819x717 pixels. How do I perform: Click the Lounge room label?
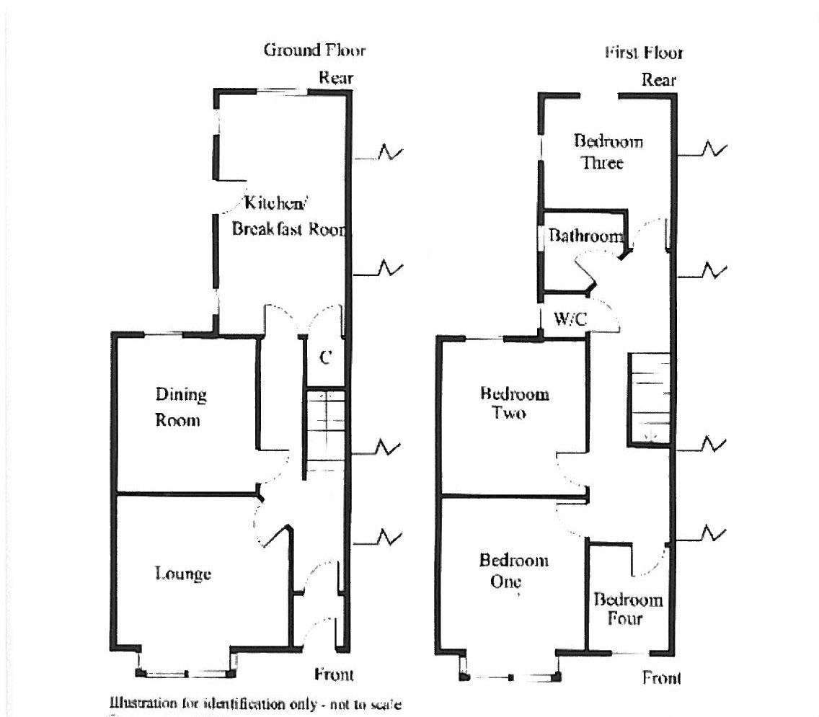click(x=183, y=574)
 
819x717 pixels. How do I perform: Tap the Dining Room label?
click(x=181, y=407)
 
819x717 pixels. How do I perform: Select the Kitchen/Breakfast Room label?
click(x=288, y=215)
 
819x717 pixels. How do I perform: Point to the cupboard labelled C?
click(x=325, y=357)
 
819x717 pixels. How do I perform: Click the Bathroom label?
click(x=585, y=236)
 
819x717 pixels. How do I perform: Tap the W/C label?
click(x=570, y=318)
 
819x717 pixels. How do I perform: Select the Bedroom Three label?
click(x=608, y=151)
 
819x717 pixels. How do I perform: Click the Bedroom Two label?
click(x=514, y=403)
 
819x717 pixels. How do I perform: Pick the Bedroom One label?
click(x=513, y=570)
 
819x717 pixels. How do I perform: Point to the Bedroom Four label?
click(x=628, y=609)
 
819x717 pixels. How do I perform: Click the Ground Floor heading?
click(x=314, y=50)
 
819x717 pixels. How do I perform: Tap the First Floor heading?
click(x=644, y=53)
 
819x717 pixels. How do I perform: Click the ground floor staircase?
click(x=325, y=432)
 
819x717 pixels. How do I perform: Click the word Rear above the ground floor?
click(x=337, y=78)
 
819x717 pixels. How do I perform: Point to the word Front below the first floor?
click(x=661, y=678)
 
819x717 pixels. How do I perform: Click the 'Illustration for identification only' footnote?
click(x=255, y=703)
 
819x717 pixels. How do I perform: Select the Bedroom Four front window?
click(x=630, y=654)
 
